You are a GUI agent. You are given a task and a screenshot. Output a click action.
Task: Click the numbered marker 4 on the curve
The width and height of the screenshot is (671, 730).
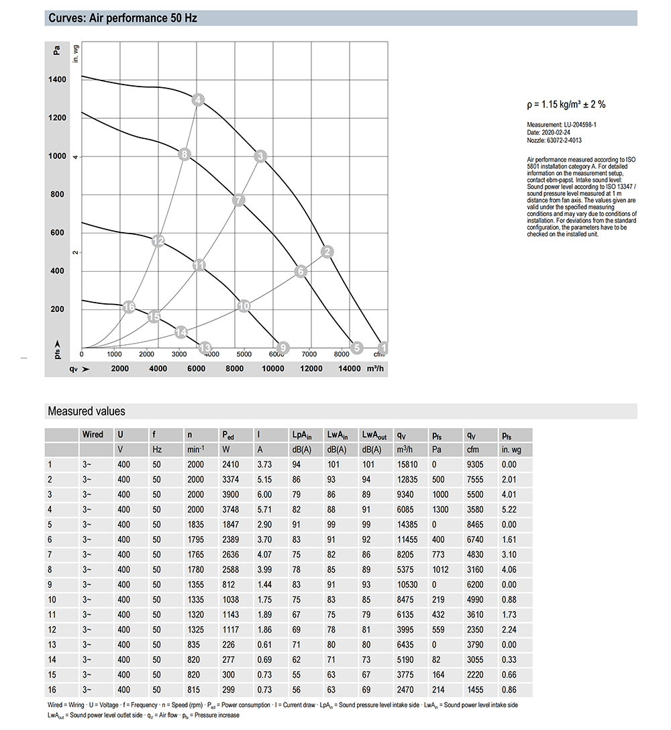coord(197,100)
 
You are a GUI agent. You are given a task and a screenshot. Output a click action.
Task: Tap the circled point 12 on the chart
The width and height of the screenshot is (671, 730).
coord(158,241)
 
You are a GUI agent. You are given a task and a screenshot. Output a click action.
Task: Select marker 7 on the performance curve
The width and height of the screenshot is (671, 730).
coord(239,200)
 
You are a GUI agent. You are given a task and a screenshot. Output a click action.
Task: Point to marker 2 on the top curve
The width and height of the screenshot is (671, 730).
coord(327,252)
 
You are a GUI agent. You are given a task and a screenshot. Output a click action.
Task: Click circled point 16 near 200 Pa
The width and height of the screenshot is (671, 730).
coord(130,307)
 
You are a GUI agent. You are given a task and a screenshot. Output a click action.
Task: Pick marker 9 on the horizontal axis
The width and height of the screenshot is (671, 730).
coord(282,347)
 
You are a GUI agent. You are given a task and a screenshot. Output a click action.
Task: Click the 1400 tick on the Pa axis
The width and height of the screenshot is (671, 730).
coord(57,80)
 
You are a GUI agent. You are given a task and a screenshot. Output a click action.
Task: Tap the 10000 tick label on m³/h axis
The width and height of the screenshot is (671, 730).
coord(273,368)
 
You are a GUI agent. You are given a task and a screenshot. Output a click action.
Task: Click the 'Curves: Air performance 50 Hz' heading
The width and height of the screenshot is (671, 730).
coord(122,18)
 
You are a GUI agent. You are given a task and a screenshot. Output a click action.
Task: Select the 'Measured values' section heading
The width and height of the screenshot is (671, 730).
coord(86,411)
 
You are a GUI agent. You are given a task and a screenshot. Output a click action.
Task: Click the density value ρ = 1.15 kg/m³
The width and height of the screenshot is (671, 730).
coord(566,104)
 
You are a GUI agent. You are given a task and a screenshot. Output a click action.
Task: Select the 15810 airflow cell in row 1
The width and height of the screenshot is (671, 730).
coord(406,464)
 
